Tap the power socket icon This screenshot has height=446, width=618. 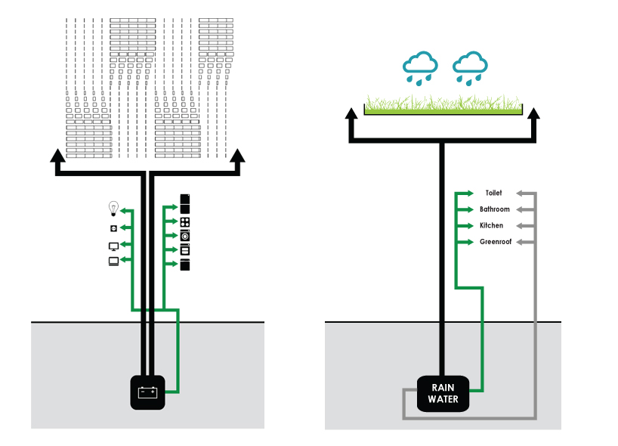click(x=114, y=228)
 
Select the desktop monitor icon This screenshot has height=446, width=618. click(x=114, y=246)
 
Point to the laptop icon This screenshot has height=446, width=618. click(x=114, y=261)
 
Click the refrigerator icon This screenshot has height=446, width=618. click(x=185, y=203)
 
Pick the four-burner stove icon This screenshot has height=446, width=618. click(x=185, y=222)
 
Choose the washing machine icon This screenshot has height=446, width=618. click(x=185, y=236)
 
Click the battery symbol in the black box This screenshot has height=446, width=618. click(x=147, y=392)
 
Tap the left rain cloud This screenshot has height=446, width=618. click(x=420, y=67)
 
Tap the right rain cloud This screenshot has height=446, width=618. click(x=469, y=67)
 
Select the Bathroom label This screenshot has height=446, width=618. click(x=495, y=209)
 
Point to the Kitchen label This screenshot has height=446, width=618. click(x=491, y=225)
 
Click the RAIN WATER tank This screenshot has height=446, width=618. click(x=443, y=394)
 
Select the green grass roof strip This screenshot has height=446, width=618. click(x=443, y=107)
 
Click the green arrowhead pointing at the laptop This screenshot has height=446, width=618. click(x=127, y=261)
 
